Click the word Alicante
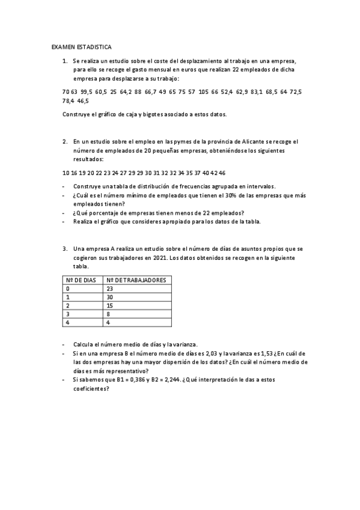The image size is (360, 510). pyautogui.click(x=242, y=141)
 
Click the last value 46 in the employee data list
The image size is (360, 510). pyautogui.click(x=222, y=173)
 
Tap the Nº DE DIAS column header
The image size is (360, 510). pyautogui.click(x=81, y=280)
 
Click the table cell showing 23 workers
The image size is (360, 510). pyautogui.click(x=109, y=289)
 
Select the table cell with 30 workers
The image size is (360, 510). pyautogui.click(x=109, y=297)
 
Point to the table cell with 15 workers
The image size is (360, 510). pyautogui.click(x=109, y=306)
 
